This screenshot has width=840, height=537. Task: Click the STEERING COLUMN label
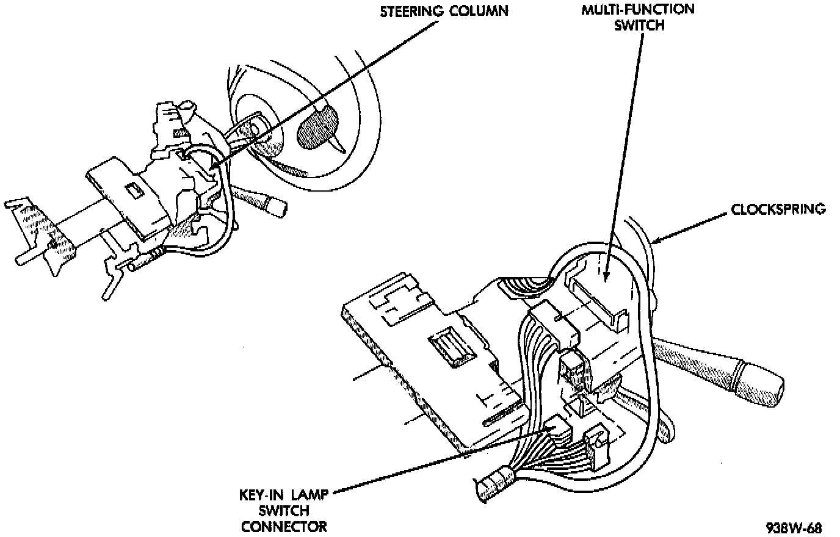click(444, 11)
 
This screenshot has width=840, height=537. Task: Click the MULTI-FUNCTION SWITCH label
click(638, 18)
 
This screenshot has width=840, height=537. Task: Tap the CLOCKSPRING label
click(778, 209)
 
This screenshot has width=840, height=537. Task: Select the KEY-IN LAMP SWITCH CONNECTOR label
click(284, 511)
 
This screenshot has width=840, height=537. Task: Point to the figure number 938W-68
click(794, 528)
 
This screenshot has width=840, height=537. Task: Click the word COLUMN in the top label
click(479, 11)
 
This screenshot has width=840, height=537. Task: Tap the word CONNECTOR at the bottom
click(284, 527)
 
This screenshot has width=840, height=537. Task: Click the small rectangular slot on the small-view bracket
click(135, 190)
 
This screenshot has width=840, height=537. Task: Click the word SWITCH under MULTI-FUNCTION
click(639, 26)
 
